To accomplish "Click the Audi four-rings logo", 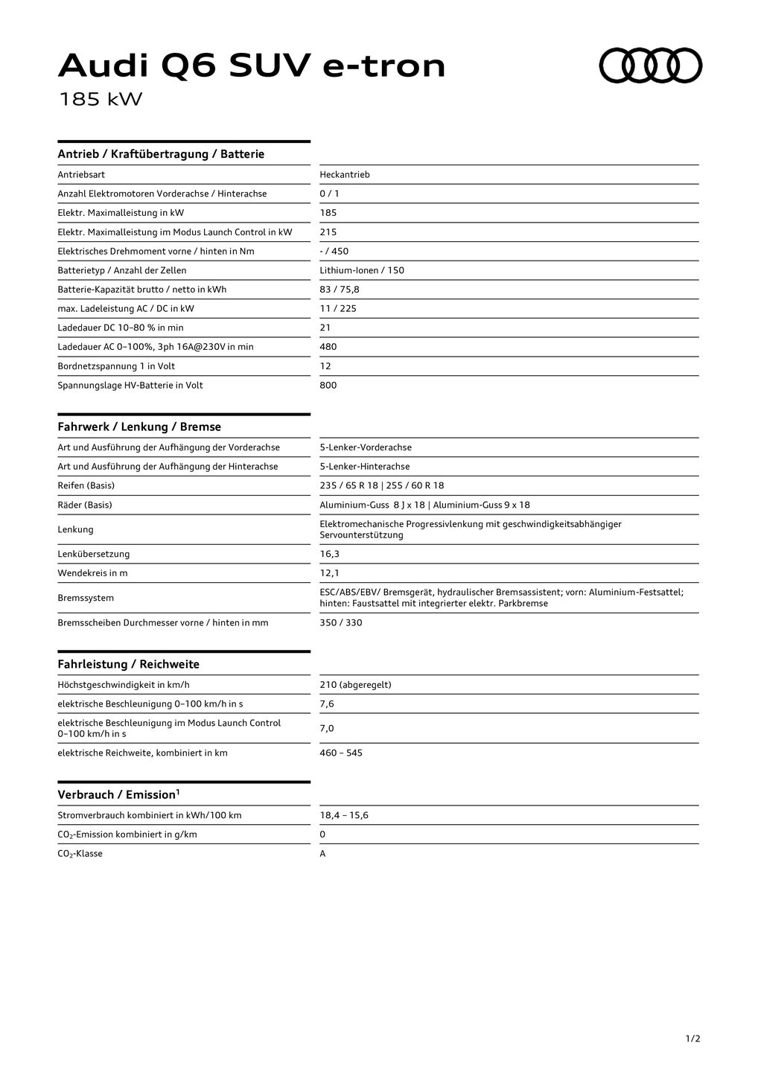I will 651,66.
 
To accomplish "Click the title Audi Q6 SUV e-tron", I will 252,66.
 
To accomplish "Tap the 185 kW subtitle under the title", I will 100,99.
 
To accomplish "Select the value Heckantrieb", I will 344,175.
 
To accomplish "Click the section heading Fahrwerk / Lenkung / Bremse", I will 139,427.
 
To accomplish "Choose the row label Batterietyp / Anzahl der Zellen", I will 122,270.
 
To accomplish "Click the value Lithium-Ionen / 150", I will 362,270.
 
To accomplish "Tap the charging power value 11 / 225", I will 338,309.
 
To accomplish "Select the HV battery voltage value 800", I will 328,386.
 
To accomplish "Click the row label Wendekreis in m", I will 92,573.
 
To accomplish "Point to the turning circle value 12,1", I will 329,573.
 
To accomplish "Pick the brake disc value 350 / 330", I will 341,623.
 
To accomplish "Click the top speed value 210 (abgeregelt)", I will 355,685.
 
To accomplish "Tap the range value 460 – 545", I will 341,753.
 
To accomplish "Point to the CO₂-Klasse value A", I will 322,854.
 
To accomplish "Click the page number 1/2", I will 692,1038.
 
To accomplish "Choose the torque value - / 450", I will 334,252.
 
